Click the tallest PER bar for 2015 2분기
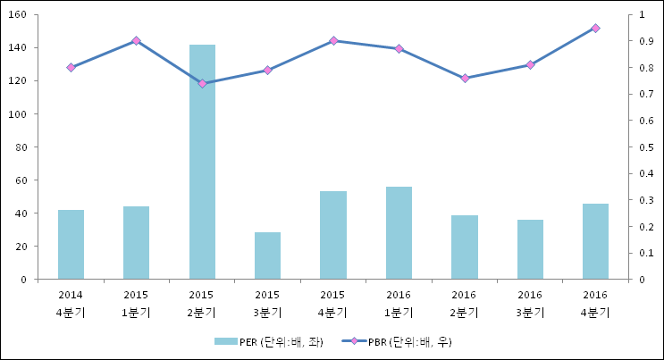point(202,162)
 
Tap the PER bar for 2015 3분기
point(267,255)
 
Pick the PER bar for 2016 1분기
point(399,233)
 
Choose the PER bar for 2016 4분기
point(595,241)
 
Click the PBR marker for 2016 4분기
point(595,28)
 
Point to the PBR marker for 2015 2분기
point(202,83)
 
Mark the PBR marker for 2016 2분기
point(464,78)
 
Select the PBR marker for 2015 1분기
point(136,40)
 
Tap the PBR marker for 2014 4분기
point(71,67)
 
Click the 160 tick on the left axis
point(17,15)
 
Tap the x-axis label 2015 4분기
point(332,304)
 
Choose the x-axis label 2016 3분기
point(530,304)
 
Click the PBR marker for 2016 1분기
point(399,48)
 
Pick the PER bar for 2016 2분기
point(464,247)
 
